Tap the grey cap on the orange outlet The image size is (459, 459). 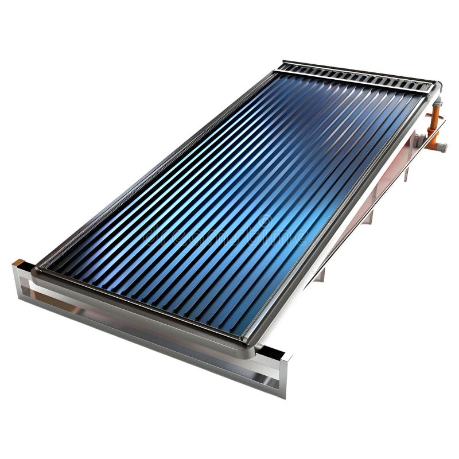tap(442, 147)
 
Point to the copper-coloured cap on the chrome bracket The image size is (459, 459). tap(19, 263)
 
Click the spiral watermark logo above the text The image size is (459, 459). tap(264, 220)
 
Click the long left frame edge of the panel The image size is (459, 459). tap(155, 166)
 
